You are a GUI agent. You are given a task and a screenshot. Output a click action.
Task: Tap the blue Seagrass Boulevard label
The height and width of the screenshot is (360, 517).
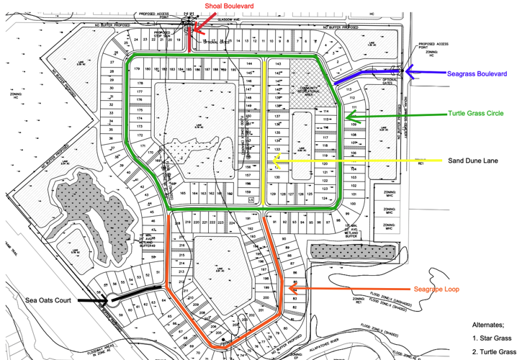coord(477,73)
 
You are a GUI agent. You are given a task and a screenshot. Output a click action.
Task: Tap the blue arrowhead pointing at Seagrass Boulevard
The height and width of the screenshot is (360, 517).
coord(408,72)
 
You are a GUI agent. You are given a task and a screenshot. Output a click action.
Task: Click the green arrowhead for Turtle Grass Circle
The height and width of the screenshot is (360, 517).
coord(349,115)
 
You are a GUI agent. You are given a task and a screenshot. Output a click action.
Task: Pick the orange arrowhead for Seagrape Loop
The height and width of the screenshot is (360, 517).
coord(287,289)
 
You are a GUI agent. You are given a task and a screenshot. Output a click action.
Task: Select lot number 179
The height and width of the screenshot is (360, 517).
coord(136,68)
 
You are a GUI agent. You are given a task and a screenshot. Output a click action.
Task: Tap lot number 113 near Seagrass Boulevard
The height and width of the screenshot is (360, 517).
coord(350,89)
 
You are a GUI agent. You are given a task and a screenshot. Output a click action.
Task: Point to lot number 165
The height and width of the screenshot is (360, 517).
coord(184,193)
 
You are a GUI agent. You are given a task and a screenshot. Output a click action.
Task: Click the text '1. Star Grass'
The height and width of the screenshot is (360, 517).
coord(493,338)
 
